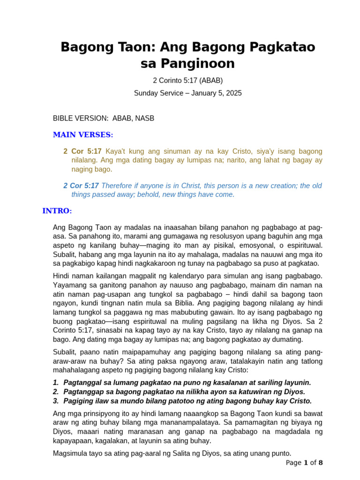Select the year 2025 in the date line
point(233,93)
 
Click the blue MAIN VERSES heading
point(83,135)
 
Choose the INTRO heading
point(57,210)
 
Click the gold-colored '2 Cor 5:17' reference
point(82,151)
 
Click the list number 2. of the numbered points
point(56,391)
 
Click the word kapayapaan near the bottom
point(73,441)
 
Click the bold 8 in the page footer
point(321,463)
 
